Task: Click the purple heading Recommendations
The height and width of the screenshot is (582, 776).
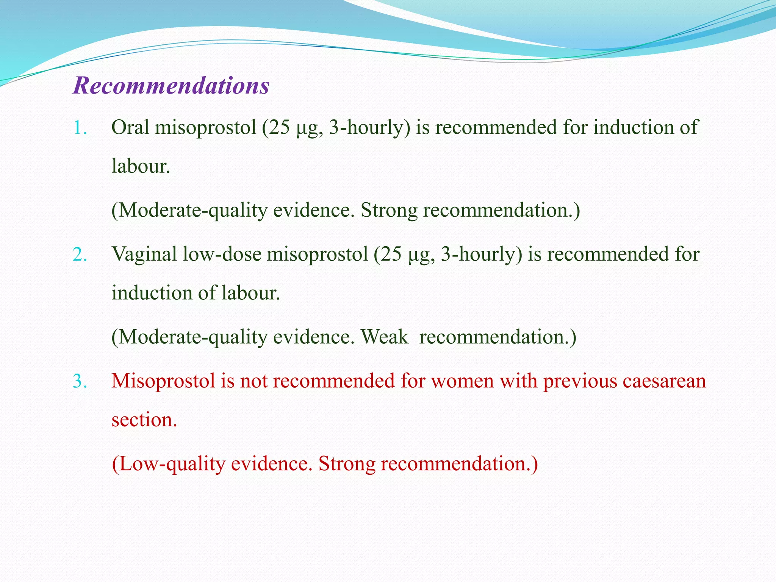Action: click(171, 86)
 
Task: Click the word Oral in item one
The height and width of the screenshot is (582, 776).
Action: click(130, 127)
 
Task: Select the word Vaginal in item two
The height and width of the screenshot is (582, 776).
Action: click(144, 255)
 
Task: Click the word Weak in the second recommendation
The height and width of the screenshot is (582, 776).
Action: click(384, 337)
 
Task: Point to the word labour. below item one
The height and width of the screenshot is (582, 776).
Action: click(141, 166)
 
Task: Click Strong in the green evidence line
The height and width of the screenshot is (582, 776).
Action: click(389, 210)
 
